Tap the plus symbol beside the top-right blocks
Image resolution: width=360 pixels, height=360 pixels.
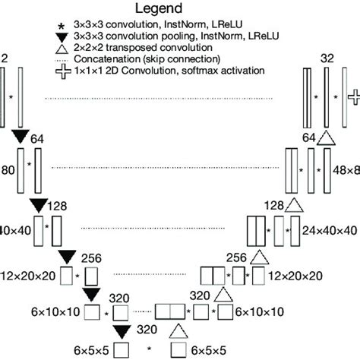pyautogui.click(x=353, y=96)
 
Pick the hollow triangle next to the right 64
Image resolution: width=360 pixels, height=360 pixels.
pyautogui.click(x=327, y=137)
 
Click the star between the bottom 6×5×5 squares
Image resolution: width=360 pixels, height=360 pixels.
pyautogui.click(x=150, y=350)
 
